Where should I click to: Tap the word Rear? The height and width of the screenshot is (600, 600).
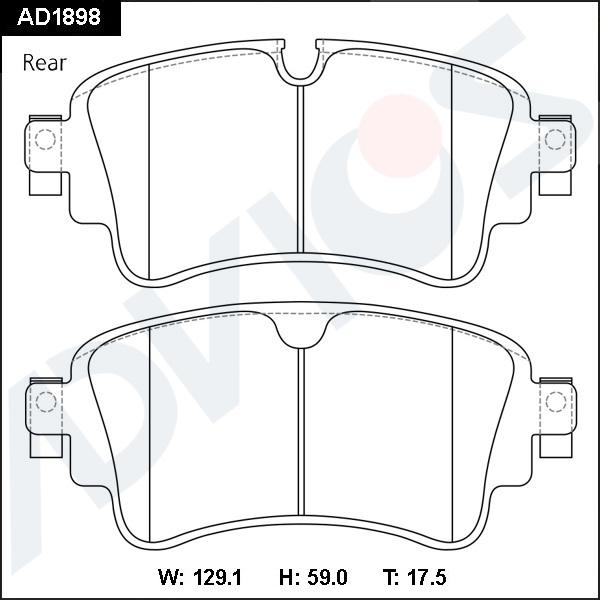pos(44,63)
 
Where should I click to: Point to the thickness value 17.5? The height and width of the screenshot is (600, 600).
pos(427,577)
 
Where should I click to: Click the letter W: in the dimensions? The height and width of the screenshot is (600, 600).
pos(171,577)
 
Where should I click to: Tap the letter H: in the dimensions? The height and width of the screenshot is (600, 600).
pos(288,577)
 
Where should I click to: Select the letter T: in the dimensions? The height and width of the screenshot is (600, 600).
pos(391,577)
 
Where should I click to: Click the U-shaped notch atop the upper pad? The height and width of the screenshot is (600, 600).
pos(300,62)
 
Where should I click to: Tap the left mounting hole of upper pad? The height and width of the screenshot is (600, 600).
pos(43,139)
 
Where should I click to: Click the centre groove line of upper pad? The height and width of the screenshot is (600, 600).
pos(300,180)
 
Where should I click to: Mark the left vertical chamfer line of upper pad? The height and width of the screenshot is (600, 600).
pos(148,170)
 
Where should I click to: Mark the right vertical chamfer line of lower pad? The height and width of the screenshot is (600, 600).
pos(452,430)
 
